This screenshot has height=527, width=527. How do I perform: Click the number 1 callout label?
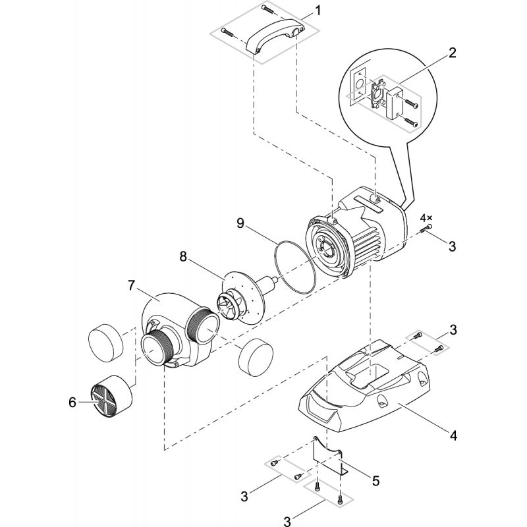[x=318, y=11]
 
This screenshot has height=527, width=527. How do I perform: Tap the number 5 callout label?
[x=375, y=480]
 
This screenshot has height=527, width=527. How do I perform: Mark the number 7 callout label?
[x=132, y=286]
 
